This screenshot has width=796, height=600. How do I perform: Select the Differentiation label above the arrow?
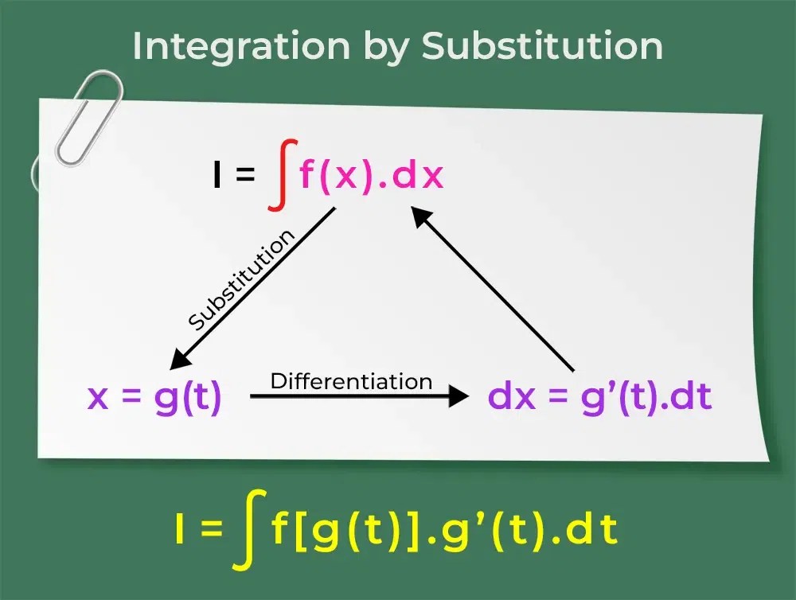click(351, 380)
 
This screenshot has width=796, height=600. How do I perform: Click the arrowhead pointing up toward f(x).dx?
click(421, 215)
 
